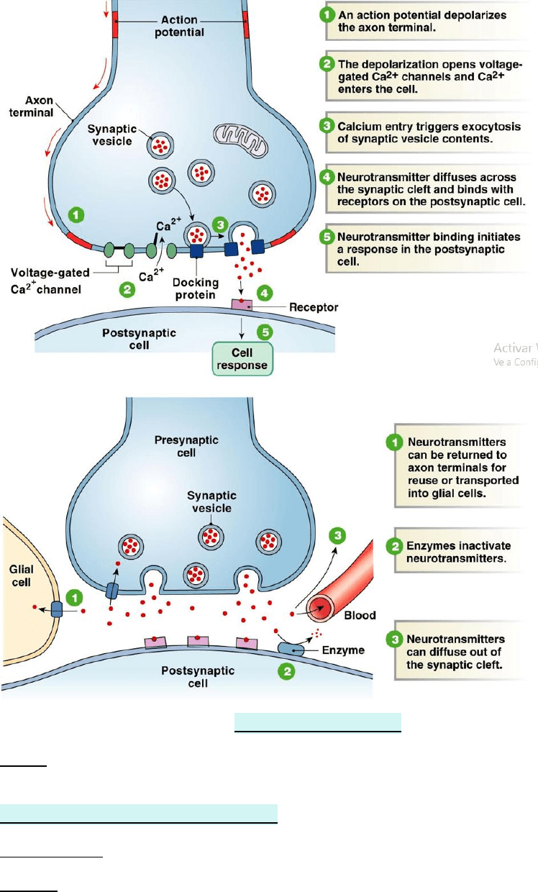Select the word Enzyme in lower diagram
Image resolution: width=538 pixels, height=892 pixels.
coord(345,650)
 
